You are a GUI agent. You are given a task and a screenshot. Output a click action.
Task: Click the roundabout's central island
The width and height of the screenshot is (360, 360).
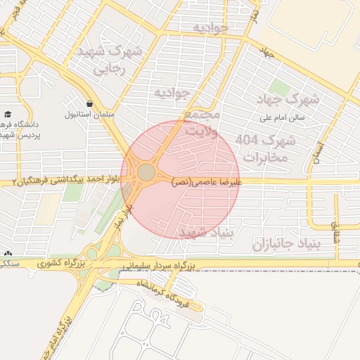pos(146,172)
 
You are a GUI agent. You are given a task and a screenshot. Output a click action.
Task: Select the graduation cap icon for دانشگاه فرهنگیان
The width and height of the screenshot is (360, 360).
pos(8,113)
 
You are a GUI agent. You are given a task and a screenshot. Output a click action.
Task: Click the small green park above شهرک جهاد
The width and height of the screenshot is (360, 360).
pos(279,88)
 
